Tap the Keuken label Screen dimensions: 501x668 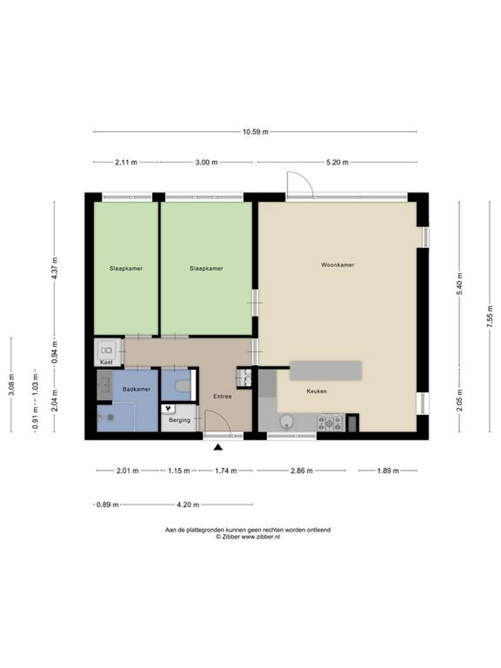(317, 391)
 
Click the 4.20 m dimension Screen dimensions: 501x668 (188, 505)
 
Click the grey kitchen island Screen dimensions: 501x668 (326, 370)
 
